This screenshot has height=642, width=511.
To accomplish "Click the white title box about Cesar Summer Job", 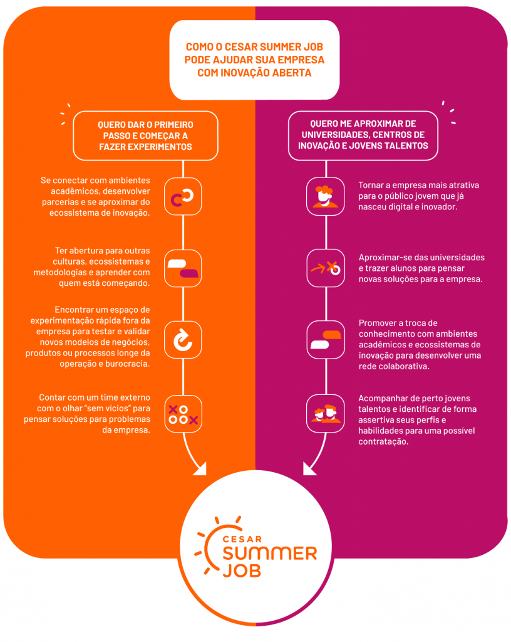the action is (x=254, y=60).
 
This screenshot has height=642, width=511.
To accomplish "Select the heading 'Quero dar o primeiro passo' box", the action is (x=145, y=135).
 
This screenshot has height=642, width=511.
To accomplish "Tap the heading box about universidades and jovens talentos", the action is (x=363, y=135).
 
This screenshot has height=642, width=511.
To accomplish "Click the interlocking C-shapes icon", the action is (x=183, y=196).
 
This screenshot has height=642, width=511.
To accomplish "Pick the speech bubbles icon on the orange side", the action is (x=183, y=268).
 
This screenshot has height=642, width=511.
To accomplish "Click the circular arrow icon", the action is (x=183, y=340).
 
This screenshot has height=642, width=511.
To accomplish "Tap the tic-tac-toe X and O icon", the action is (x=183, y=414).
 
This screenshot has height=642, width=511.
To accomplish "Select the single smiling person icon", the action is (x=326, y=196).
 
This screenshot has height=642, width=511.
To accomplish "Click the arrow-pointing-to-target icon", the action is (x=326, y=268).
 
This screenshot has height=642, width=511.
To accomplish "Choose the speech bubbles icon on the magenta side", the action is (x=326, y=340).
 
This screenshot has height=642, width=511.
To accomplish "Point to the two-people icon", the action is (x=326, y=414).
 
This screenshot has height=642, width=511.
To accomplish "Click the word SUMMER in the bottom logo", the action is (x=270, y=554).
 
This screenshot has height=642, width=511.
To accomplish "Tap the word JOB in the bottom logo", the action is (x=242, y=571).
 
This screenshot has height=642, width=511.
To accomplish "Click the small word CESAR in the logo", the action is (x=242, y=539).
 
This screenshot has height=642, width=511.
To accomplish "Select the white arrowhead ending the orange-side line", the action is (x=200, y=469).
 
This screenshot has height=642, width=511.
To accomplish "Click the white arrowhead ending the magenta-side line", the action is (x=309, y=469).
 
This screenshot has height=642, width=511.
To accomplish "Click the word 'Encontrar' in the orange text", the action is (x=73, y=310).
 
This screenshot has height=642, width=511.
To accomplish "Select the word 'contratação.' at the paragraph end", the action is (x=383, y=442).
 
